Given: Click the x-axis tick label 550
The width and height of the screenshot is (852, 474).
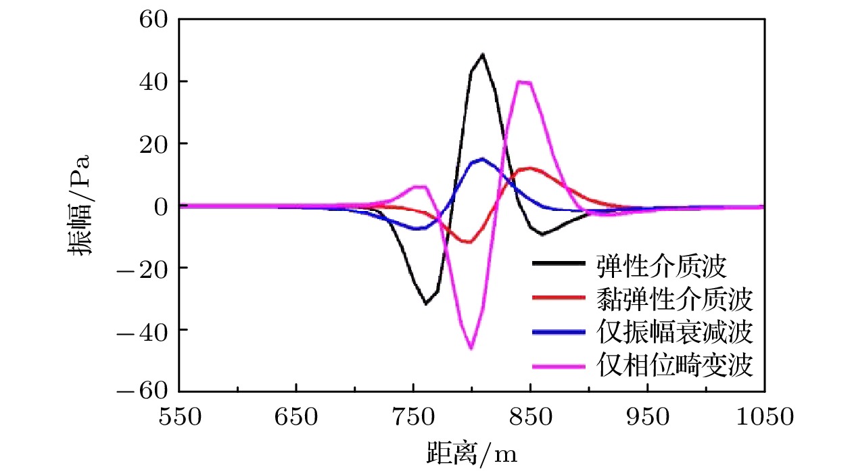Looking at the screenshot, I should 179,417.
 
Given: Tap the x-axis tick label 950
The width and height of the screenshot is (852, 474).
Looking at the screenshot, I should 648,417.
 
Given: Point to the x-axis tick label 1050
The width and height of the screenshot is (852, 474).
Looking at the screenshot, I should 764,417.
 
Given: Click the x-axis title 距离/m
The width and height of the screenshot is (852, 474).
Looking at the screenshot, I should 471,454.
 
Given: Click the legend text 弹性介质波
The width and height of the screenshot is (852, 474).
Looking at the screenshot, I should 661,266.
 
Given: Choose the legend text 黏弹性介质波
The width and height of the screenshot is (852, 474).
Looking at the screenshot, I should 674,299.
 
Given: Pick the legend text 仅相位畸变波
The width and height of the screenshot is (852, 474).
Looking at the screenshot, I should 674,365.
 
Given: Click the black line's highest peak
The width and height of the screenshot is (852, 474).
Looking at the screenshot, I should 482,54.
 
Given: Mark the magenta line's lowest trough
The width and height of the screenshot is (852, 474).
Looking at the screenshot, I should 471,348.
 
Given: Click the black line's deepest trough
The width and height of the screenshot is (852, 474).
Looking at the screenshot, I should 426,304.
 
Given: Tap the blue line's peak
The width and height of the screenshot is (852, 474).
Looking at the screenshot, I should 481,159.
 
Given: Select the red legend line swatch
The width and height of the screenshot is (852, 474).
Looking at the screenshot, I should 558,298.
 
